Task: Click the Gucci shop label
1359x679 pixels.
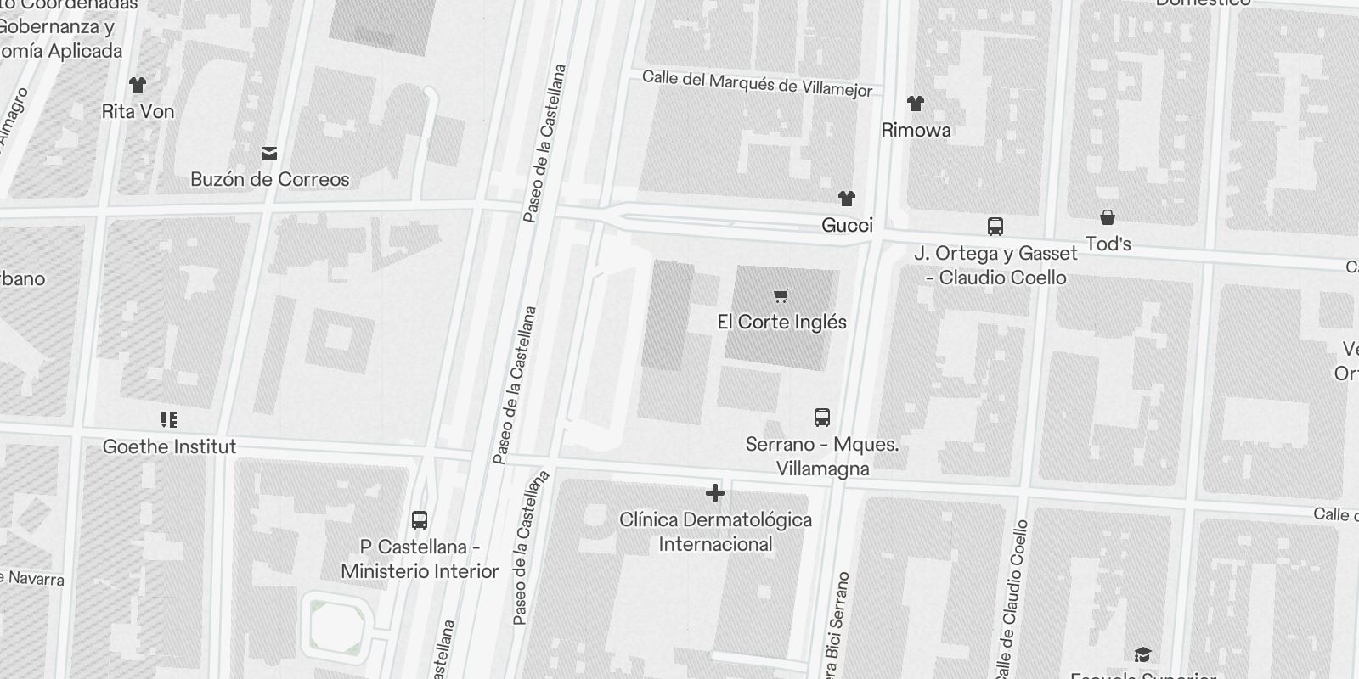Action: click(x=847, y=225)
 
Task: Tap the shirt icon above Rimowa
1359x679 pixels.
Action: click(x=915, y=104)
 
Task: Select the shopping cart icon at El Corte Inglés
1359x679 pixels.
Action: click(x=781, y=295)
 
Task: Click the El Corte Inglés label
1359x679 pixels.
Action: click(x=781, y=322)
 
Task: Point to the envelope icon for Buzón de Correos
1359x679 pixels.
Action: click(x=269, y=153)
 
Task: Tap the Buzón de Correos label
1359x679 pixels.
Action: click(x=269, y=179)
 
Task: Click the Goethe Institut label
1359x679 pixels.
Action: click(x=169, y=446)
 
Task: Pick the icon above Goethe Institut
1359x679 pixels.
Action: click(x=169, y=419)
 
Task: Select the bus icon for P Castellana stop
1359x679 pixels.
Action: click(x=420, y=520)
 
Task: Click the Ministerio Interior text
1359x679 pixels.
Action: click(x=420, y=571)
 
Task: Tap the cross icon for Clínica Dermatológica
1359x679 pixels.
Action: click(x=715, y=492)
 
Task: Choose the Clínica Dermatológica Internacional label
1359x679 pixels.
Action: click(x=715, y=531)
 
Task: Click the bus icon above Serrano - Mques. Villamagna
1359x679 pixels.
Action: click(x=821, y=417)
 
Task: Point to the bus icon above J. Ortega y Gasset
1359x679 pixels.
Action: click(x=995, y=226)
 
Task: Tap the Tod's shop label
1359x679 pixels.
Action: click(x=1108, y=244)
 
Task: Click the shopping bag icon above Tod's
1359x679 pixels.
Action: click(x=1108, y=217)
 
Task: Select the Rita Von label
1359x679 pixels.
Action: click(x=138, y=111)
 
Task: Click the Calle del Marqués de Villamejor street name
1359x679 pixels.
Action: click(x=757, y=83)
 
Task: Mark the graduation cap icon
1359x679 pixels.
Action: click(x=1142, y=654)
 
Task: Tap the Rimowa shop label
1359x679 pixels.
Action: click(x=916, y=130)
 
